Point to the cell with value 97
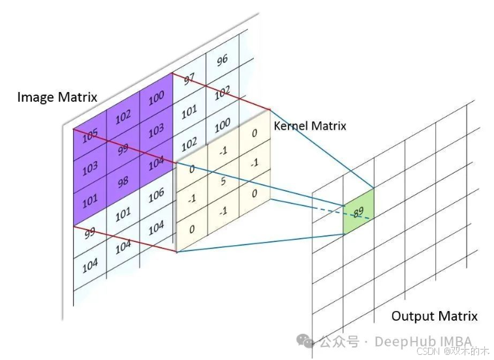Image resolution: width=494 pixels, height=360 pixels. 189,80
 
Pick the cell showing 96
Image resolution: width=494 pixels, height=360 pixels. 223,60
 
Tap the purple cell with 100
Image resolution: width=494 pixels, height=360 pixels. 155,98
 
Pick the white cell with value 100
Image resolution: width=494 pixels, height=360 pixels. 223,123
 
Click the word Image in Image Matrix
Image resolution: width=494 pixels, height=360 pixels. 35,98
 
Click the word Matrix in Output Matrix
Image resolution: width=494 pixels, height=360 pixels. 457,317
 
